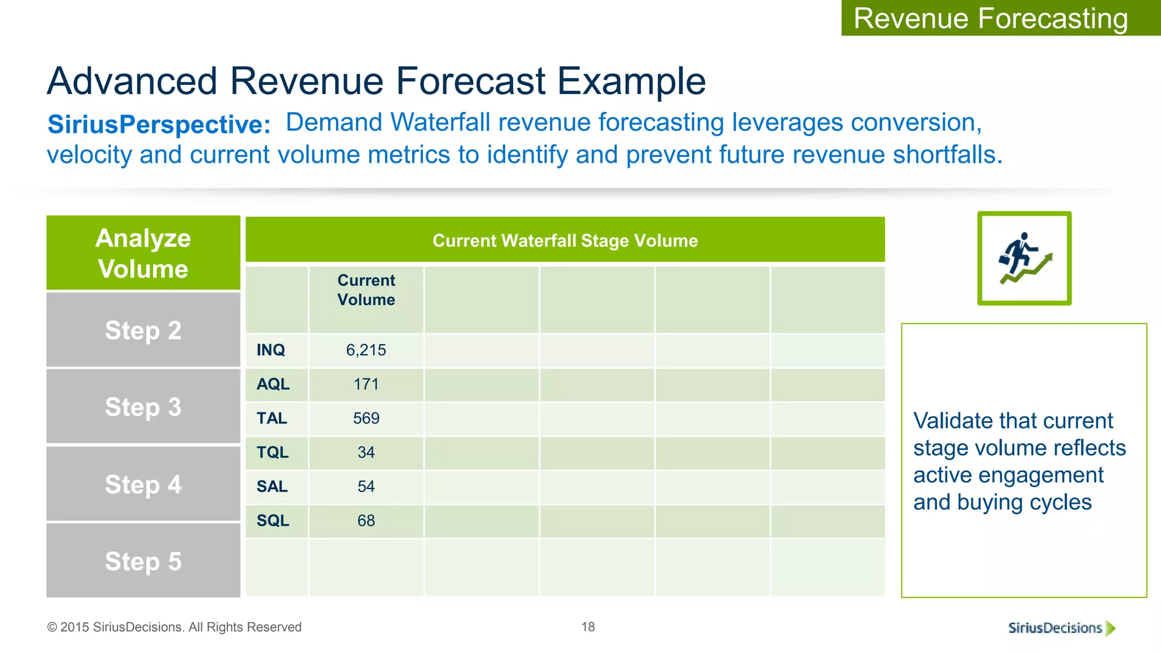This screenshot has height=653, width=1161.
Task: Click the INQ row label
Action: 270,350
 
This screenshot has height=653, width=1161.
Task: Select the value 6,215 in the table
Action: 366,350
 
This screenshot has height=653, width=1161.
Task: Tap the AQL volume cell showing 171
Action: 366,384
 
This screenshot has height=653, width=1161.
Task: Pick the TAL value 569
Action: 366,418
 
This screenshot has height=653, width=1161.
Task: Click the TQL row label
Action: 272,452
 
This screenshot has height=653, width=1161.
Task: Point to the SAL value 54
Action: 366,486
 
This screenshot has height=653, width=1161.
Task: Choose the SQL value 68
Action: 366,520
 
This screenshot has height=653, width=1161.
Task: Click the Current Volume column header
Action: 366,290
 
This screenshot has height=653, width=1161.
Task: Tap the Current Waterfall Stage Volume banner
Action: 565,240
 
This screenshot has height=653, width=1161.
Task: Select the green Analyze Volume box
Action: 143,253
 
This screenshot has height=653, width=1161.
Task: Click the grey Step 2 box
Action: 143,330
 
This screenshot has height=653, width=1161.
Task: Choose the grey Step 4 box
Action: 143,484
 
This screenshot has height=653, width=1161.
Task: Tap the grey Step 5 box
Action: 143,561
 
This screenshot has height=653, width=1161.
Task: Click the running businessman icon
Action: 1024,258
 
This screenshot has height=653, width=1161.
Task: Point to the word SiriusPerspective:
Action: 159,124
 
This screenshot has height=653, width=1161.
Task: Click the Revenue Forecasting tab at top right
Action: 990,18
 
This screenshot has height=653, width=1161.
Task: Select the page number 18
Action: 588,626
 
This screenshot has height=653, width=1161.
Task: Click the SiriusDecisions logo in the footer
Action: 1060,627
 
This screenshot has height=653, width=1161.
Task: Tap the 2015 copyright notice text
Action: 174,627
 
